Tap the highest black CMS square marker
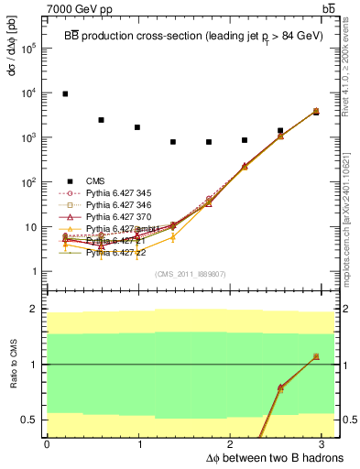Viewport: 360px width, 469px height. pyautogui.click(x=65, y=93)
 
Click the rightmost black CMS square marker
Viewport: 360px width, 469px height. pyautogui.click(x=316, y=112)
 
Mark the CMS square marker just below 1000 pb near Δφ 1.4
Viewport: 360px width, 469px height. pyautogui.click(x=173, y=142)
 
